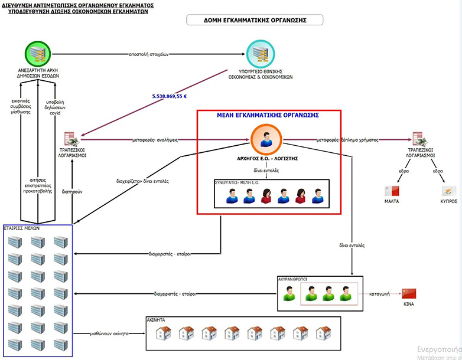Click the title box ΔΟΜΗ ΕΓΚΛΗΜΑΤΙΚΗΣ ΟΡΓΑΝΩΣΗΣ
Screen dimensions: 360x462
tap(255, 20)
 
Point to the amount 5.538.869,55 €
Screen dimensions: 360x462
tap(168, 96)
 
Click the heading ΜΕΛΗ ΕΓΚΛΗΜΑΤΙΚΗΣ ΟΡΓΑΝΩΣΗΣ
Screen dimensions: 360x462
tap(268, 115)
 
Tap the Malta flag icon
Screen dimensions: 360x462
tap(391, 191)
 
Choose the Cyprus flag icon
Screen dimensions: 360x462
tap(449, 191)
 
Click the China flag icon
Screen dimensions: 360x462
tap(409, 293)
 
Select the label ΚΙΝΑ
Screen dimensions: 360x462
tap(409, 305)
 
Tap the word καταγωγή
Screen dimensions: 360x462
tap(379, 292)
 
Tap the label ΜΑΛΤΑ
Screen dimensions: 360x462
tap(391, 201)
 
